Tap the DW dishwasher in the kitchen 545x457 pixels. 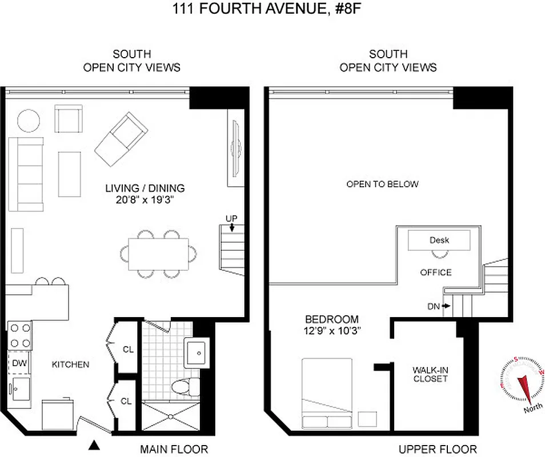18,363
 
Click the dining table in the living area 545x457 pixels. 158,253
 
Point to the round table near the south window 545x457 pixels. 28,121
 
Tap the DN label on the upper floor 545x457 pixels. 434,307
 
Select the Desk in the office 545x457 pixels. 439,240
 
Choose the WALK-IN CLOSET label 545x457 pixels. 430,374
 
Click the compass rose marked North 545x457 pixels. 523,380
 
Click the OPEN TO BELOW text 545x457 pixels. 382,184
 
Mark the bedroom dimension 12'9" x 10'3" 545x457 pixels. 332,330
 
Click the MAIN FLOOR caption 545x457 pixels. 174,449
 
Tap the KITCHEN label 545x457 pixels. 70,364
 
